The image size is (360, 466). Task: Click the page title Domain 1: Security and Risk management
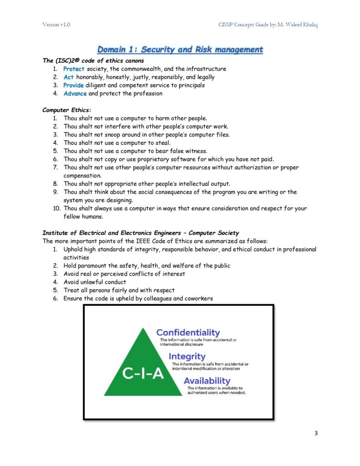point(180,49)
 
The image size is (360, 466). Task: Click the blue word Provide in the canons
point(73,86)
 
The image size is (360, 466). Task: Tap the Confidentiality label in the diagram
point(188,333)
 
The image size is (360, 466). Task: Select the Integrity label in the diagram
point(187,356)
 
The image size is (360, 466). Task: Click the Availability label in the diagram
point(207,380)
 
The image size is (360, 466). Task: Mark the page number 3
point(315,433)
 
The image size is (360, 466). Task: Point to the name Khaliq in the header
point(308,25)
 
